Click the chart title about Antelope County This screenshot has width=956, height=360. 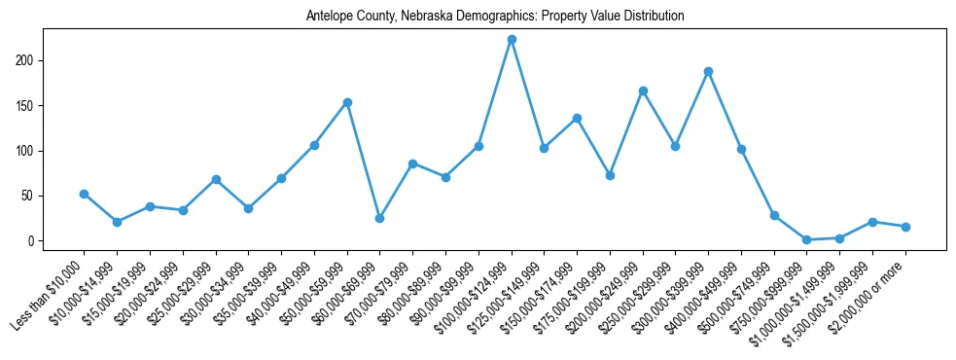[x=495, y=17]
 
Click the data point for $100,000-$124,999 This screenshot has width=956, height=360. [x=512, y=40]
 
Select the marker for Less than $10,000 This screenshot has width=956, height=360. [x=85, y=194]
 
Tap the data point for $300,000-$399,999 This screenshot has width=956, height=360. [x=708, y=71]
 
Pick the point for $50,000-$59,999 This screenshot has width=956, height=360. [x=347, y=102]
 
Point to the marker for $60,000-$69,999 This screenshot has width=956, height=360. [x=380, y=218]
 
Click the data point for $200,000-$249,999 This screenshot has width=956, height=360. [x=643, y=90]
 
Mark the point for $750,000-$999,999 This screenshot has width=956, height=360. [x=807, y=239]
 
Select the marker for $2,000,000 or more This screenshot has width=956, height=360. [x=905, y=227]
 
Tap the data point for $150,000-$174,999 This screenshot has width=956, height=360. [x=577, y=118]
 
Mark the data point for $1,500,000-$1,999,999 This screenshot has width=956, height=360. [x=872, y=222]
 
